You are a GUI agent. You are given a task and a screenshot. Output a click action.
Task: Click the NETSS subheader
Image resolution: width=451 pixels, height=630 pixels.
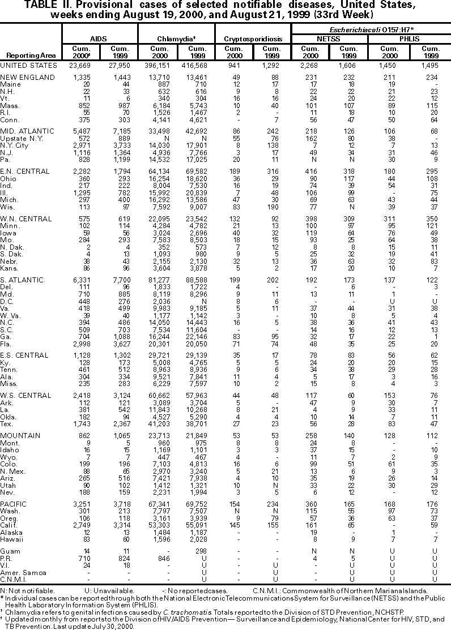[x=328, y=38]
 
